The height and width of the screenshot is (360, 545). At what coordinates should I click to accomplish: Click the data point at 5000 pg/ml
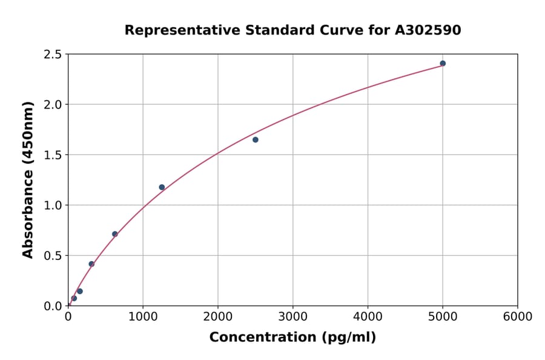click(x=443, y=64)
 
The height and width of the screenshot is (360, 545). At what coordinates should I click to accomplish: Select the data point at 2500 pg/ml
click(x=256, y=140)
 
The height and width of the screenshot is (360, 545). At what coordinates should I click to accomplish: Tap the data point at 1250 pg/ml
click(x=162, y=187)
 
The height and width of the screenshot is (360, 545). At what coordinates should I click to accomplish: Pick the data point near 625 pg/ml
click(x=115, y=234)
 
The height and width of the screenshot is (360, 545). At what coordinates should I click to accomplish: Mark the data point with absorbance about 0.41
click(x=91, y=264)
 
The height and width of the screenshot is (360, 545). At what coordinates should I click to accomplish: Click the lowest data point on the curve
click(x=74, y=298)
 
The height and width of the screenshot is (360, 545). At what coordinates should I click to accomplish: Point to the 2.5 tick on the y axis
click(x=53, y=55)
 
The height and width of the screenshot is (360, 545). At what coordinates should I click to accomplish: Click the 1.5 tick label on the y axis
click(x=53, y=155)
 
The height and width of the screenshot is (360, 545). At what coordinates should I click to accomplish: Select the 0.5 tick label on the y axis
click(x=53, y=256)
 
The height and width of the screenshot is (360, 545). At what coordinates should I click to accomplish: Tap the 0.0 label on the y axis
click(x=53, y=306)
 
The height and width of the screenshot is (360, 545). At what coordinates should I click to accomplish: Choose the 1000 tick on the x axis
click(x=143, y=317)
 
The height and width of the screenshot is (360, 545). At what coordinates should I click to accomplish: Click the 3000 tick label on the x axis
click(x=293, y=317)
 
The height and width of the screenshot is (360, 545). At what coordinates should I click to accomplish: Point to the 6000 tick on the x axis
click(x=518, y=317)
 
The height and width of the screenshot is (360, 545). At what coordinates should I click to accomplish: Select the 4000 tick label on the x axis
click(x=368, y=317)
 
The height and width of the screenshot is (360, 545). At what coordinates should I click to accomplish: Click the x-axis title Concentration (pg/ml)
click(x=292, y=338)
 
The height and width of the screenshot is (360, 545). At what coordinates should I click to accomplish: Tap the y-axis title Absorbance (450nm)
click(x=28, y=180)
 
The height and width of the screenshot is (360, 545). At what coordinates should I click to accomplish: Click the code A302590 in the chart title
click(x=428, y=30)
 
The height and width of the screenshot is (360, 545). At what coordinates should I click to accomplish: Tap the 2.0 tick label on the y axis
click(x=53, y=105)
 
